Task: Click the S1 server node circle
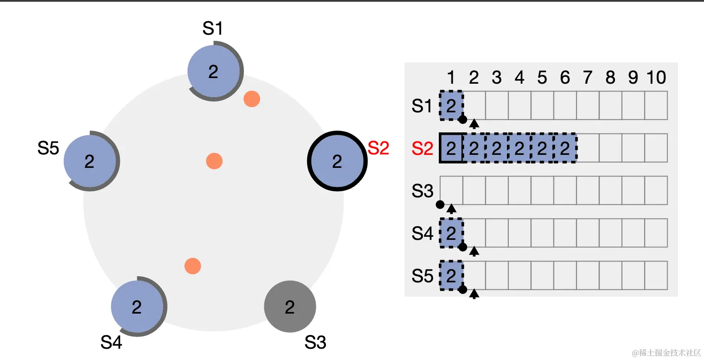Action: coord(214,72)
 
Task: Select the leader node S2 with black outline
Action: coord(337,161)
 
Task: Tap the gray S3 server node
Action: coord(290,307)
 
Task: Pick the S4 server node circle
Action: coord(137,307)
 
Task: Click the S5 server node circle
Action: coord(90,161)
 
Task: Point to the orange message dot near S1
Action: coord(252,99)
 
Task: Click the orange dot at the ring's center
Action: coord(214,161)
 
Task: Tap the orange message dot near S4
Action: coord(193,266)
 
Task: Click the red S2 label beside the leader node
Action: coord(378,148)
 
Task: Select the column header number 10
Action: coord(656,78)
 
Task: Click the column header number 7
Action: coord(588,78)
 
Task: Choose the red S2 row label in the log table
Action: coord(422,149)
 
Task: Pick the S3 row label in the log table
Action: coord(422,191)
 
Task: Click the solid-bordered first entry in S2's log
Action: coord(451,148)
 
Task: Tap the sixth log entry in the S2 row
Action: coord(565,148)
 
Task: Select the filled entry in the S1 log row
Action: coord(451,106)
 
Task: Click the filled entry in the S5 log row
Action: coord(451,275)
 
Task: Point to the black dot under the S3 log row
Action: coord(440,204)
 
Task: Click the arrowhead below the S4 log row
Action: coord(474,251)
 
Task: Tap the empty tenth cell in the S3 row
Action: coord(656,190)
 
